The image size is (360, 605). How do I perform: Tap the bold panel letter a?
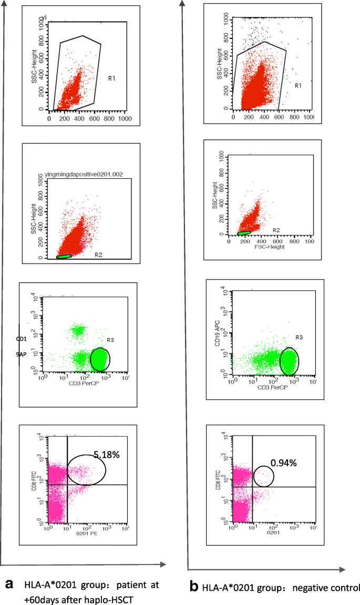click(x=9, y=583)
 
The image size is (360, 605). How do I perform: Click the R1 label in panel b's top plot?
click(x=298, y=85)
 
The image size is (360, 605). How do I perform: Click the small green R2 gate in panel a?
click(x=63, y=257)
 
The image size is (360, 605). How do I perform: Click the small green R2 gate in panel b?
click(x=244, y=232)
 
